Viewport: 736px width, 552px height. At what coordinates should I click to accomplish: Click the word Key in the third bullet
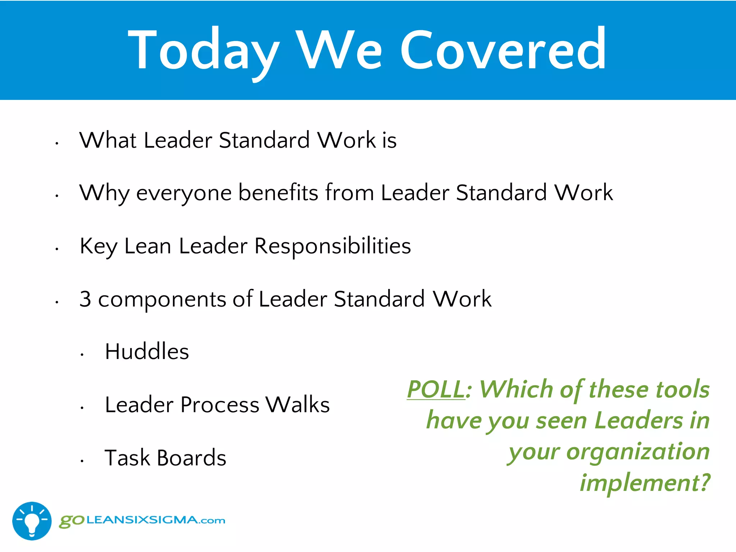98,247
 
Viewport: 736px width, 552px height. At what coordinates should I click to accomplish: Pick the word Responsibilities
332,247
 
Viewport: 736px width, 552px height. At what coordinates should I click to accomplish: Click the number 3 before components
85,299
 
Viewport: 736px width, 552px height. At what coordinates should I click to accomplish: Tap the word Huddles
147,351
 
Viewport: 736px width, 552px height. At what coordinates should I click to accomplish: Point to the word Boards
192,458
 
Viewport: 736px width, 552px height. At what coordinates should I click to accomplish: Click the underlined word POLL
436,389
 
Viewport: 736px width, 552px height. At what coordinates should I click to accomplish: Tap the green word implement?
645,483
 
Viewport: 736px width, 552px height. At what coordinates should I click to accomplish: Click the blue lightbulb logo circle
32,521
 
